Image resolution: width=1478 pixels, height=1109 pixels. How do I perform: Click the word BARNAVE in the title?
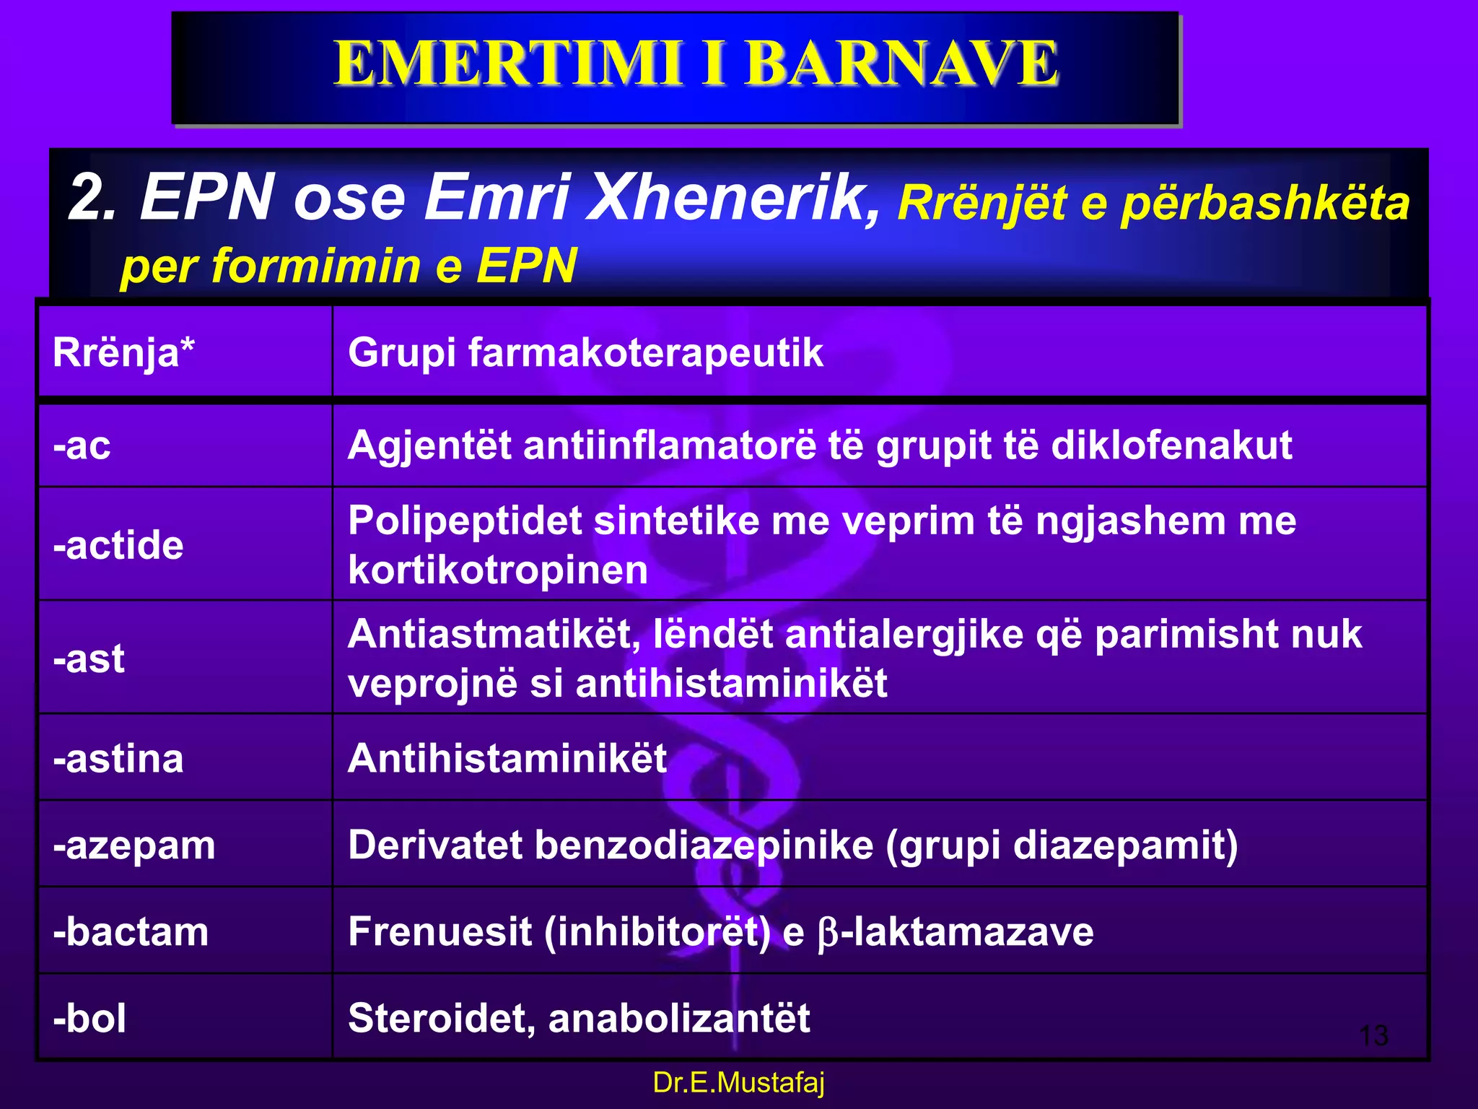pyautogui.click(x=902, y=64)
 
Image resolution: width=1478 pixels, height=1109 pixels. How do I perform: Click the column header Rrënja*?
pyautogui.click(x=123, y=353)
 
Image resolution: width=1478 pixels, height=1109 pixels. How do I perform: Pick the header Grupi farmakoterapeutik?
pyautogui.click(x=585, y=353)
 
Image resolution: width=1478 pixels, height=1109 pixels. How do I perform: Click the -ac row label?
pyautogui.click(x=82, y=445)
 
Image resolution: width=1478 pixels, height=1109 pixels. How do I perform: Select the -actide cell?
pyautogui.click(x=118, y=545)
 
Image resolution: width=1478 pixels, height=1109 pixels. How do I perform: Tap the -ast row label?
pyautogui.click(x=89, y=658)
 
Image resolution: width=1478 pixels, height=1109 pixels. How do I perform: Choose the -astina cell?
pyautogui.click(x=118, y=759)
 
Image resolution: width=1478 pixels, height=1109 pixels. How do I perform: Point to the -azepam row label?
pyautogui.click(x=134, y=845)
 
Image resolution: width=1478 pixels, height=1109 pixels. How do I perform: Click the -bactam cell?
pyautogui.click(x=131, y=932)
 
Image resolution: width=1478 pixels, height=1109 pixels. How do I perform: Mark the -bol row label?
pyautogui.click(x=89, y=1019)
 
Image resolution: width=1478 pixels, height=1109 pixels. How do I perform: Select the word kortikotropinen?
pyautogui.click(x=498, y=570)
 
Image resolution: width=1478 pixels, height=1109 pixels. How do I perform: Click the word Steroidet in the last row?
pyautogui.click(x=441, y=1019)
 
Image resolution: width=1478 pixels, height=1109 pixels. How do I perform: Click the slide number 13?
pyautogui.click(x=1373, y=1035)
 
